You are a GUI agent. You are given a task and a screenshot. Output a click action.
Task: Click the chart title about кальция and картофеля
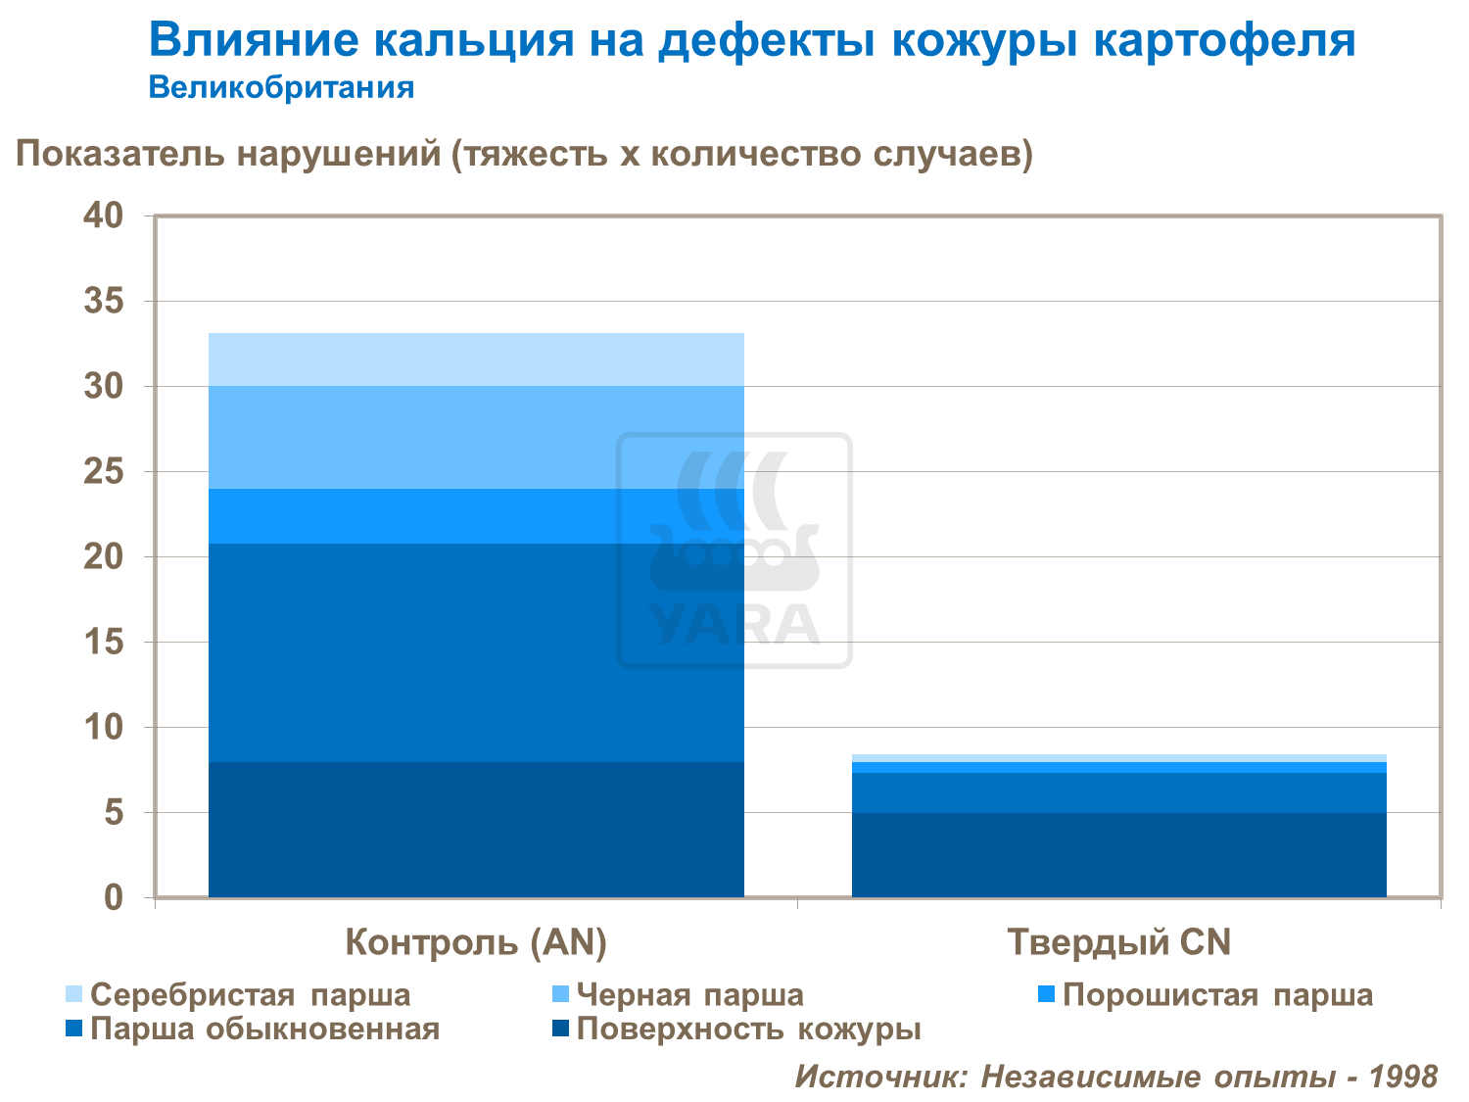point(752,41)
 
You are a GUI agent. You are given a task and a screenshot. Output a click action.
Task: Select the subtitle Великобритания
point(281,88)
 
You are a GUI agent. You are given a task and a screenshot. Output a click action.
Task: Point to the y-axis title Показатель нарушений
point(524,155)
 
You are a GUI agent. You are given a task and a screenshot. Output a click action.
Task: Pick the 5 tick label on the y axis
point(114,813)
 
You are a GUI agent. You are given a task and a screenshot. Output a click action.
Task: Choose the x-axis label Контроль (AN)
point(476,942)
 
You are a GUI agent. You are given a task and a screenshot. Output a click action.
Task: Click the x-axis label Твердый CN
point(1118,942)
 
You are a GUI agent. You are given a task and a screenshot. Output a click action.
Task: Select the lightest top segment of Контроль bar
point(476,359)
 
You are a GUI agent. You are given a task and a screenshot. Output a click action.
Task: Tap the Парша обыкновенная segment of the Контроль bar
point(476,652)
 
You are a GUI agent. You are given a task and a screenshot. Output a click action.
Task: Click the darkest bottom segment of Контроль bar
point(476,829)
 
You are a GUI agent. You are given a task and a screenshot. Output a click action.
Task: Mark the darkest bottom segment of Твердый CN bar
point(1118,854)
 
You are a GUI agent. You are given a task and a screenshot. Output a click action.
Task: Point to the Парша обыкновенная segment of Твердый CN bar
point(1118,792)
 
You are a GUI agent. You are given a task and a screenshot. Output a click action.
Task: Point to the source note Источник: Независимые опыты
point(1115,1077)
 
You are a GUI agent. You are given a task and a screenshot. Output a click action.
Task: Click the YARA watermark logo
point(734,551)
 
